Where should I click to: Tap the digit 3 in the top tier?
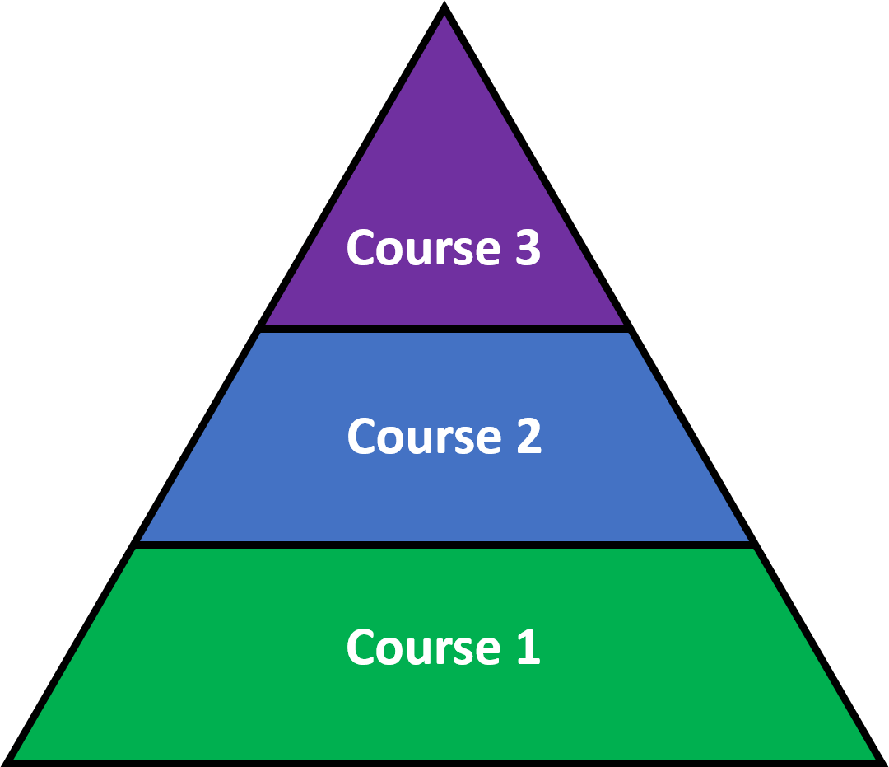click(528, 247)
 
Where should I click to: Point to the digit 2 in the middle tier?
click(528, 436)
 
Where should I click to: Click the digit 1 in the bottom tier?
click(528, 647)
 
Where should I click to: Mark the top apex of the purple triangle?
click(444, 17)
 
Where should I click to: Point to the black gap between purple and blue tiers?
click(444, 329)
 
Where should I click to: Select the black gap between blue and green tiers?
click(444, 545)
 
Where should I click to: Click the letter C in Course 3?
click(361, 247)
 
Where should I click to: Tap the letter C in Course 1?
click(361, 647)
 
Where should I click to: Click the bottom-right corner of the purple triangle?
click(622, 324)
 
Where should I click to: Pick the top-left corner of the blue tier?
click(261, 334)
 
